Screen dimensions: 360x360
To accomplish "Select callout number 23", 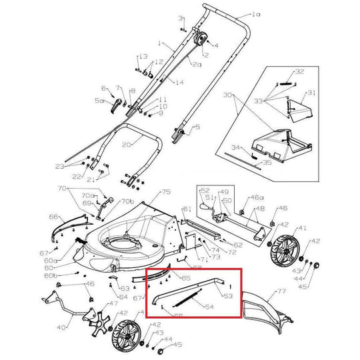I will [x=77, y=166].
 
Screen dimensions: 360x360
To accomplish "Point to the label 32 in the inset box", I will [x=299, y=71].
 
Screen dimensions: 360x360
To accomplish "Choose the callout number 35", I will [x=267, y=161].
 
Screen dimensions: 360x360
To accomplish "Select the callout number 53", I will [x=227, y=295].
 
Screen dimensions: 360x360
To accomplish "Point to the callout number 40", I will [x=61, y=327].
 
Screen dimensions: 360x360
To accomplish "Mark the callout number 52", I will [x=205, y=190].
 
